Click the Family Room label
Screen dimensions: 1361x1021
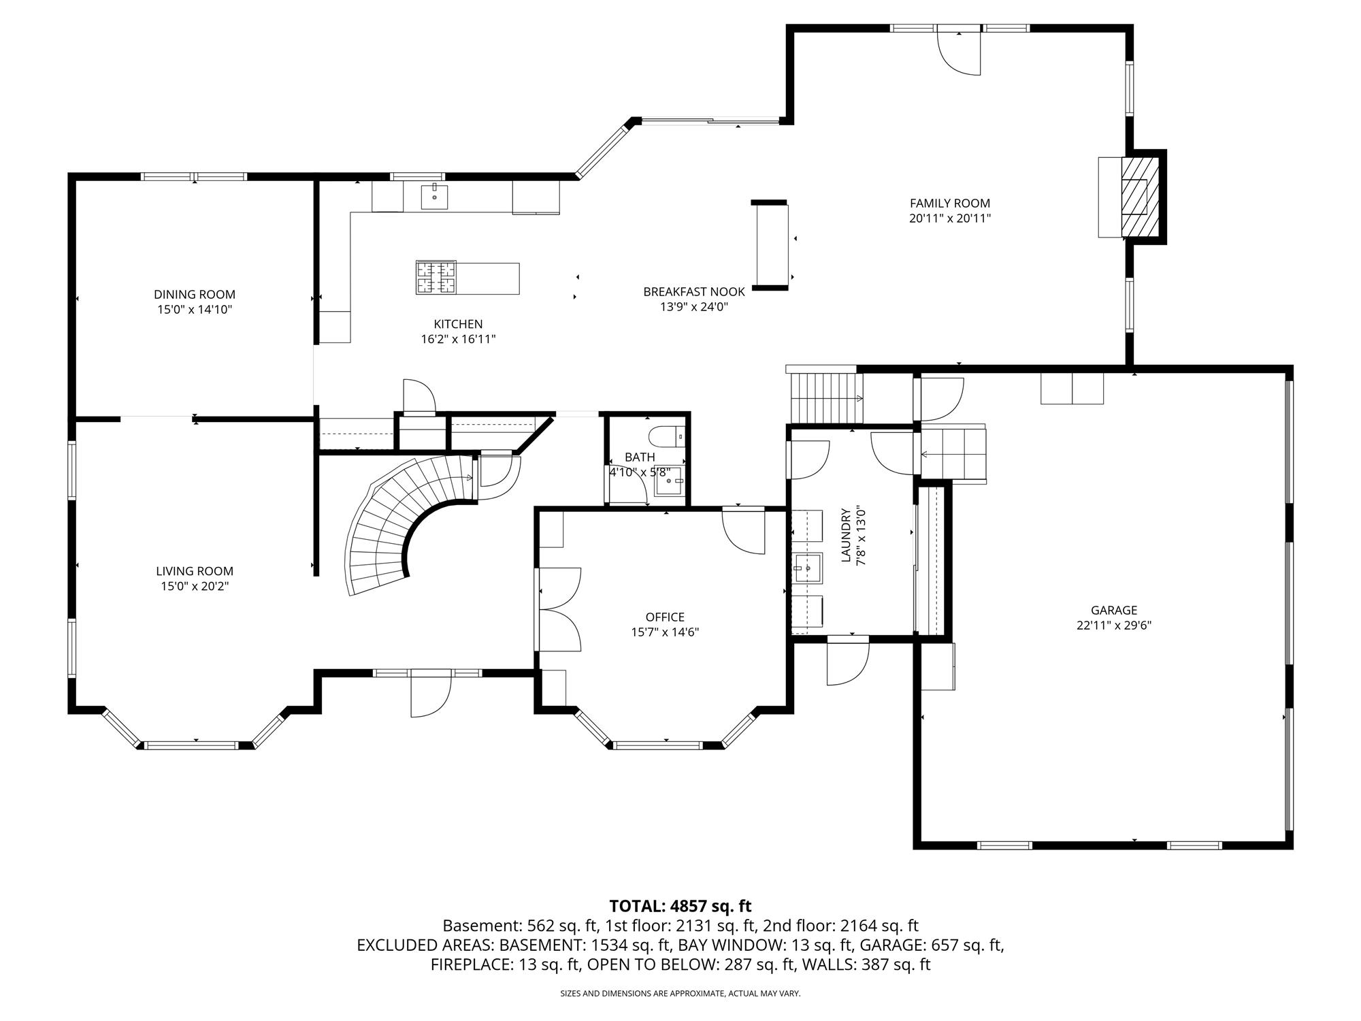coord(950,203)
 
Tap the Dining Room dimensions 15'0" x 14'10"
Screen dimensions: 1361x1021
coord(195,310)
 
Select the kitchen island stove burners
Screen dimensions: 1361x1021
coord(436,278)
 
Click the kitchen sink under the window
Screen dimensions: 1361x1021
coord(434,196)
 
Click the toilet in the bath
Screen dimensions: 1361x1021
coord(666,434)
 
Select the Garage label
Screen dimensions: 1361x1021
coord(1114,611)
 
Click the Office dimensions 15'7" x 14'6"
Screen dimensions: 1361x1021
coord(665,632)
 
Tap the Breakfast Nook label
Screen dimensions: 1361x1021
coord(694,292)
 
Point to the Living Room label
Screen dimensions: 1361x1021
coord(195,572)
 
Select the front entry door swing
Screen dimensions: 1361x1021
coord(431,694)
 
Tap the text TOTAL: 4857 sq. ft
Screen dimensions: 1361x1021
coord(680,906)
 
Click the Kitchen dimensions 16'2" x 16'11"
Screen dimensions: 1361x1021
coord(458,340)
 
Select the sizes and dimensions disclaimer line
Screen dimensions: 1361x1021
coord(680,994)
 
